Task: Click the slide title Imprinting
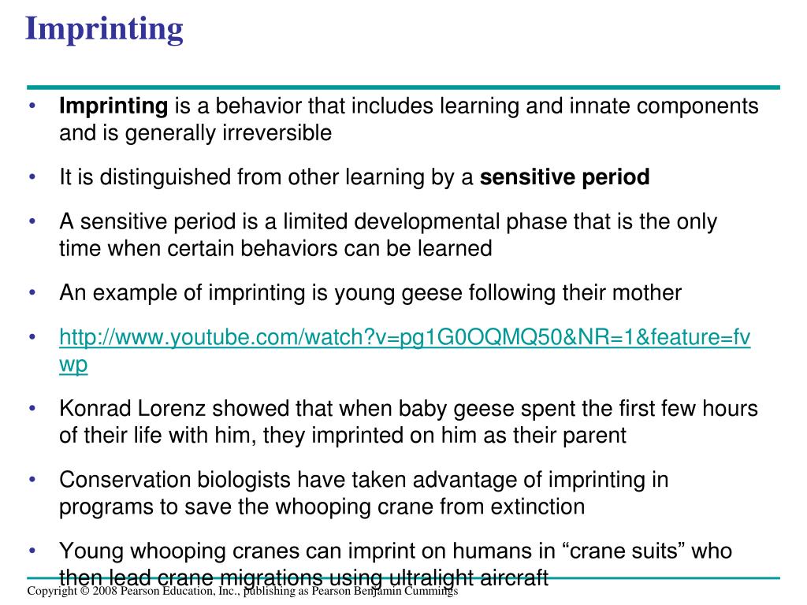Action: coord(103,29)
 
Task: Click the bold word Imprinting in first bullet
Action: coord(114,106)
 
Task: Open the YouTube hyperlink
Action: coord(404,340)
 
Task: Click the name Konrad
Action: coord(94,410)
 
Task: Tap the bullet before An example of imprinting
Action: coord(32,293)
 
